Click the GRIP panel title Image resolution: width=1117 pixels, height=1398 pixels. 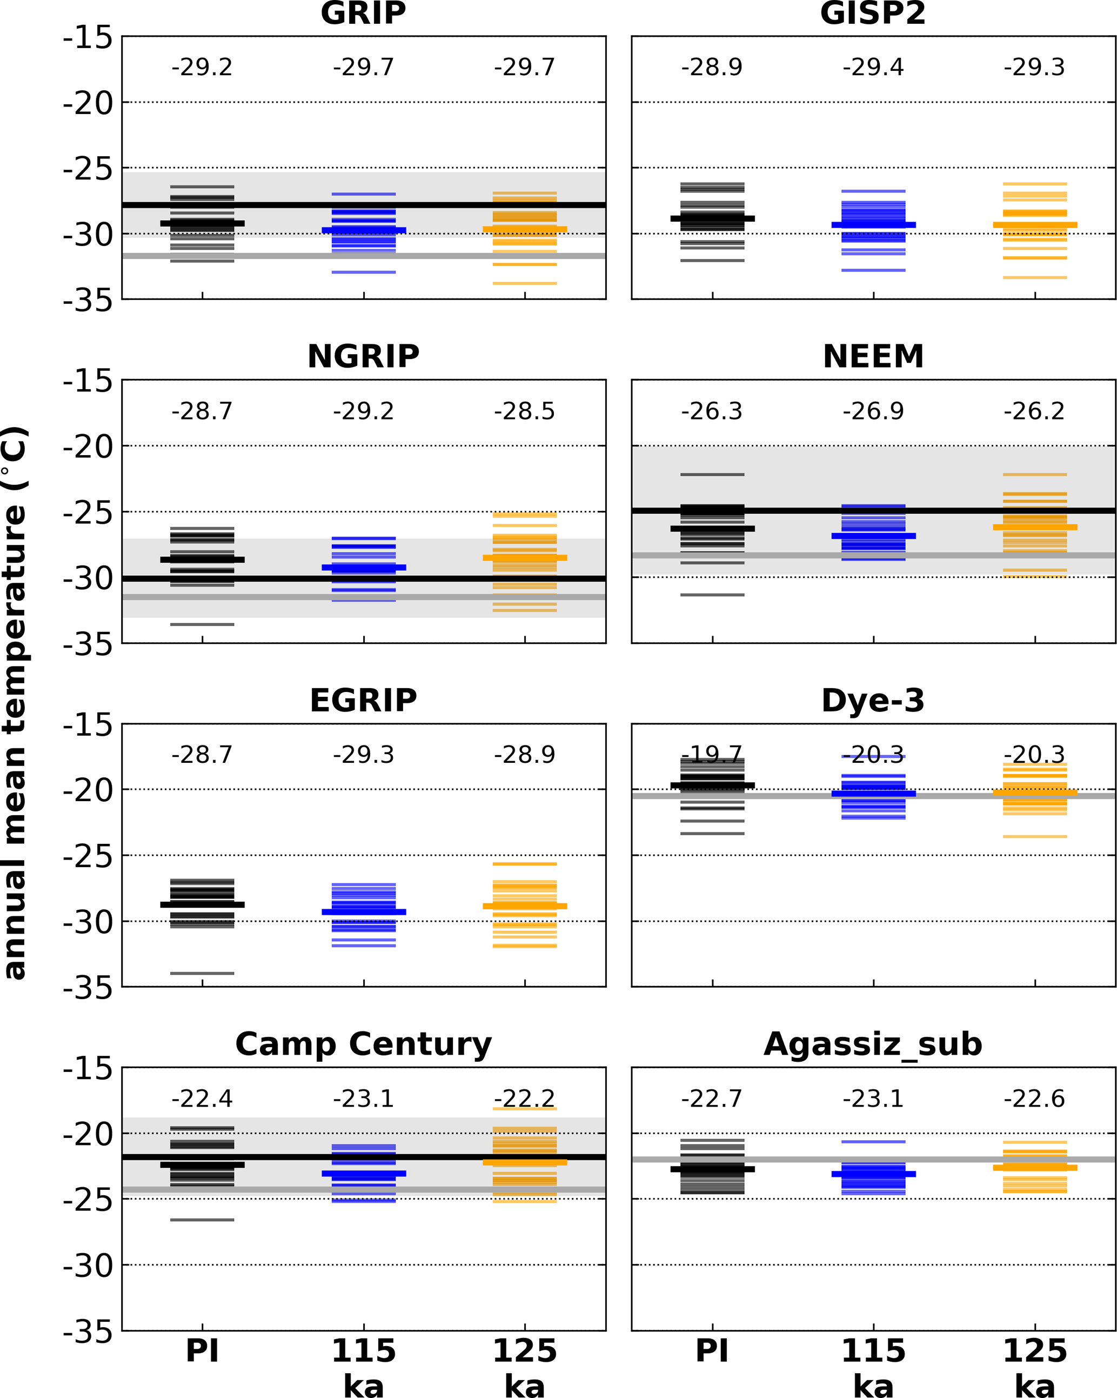click(363, 13)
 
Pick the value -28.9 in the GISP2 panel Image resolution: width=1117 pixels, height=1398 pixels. click(711, 67)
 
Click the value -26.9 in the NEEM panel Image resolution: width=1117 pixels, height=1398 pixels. click(873, 411)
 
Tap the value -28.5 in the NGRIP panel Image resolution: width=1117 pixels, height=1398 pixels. click(525, 411)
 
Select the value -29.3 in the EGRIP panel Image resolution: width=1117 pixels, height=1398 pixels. click(363, 755)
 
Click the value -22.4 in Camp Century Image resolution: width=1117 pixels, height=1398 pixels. click(202, 1099)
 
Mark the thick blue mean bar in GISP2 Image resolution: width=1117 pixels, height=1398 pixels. click(873, 225)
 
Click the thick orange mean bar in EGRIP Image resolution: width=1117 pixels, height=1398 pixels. click(525, 906)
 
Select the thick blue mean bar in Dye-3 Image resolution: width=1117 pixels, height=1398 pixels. click(873, 794)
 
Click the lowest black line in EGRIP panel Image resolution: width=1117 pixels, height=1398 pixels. click(202, 973)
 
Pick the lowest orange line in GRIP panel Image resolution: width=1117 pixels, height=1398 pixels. click(525, 283)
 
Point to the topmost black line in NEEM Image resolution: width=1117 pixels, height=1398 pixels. click(712, 475)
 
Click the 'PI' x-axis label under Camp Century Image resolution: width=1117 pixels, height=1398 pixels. click(202, 1352)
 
